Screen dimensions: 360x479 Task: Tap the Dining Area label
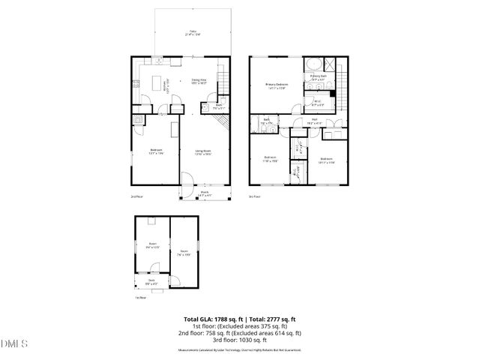click(x=199, y=81)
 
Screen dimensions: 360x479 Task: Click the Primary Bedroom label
click(x=277, y=87)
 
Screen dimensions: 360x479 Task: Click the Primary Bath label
click(x=318, y=76)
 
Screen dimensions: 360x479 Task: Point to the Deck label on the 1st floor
click(x=151, y=281)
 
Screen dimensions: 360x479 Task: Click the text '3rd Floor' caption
click(x=254, y=197)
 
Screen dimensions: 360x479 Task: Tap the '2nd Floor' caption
click(x=135, y=197)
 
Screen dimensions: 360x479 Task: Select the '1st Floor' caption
click(x=140, y=297)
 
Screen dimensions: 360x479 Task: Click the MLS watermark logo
click(x=13, y=343)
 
